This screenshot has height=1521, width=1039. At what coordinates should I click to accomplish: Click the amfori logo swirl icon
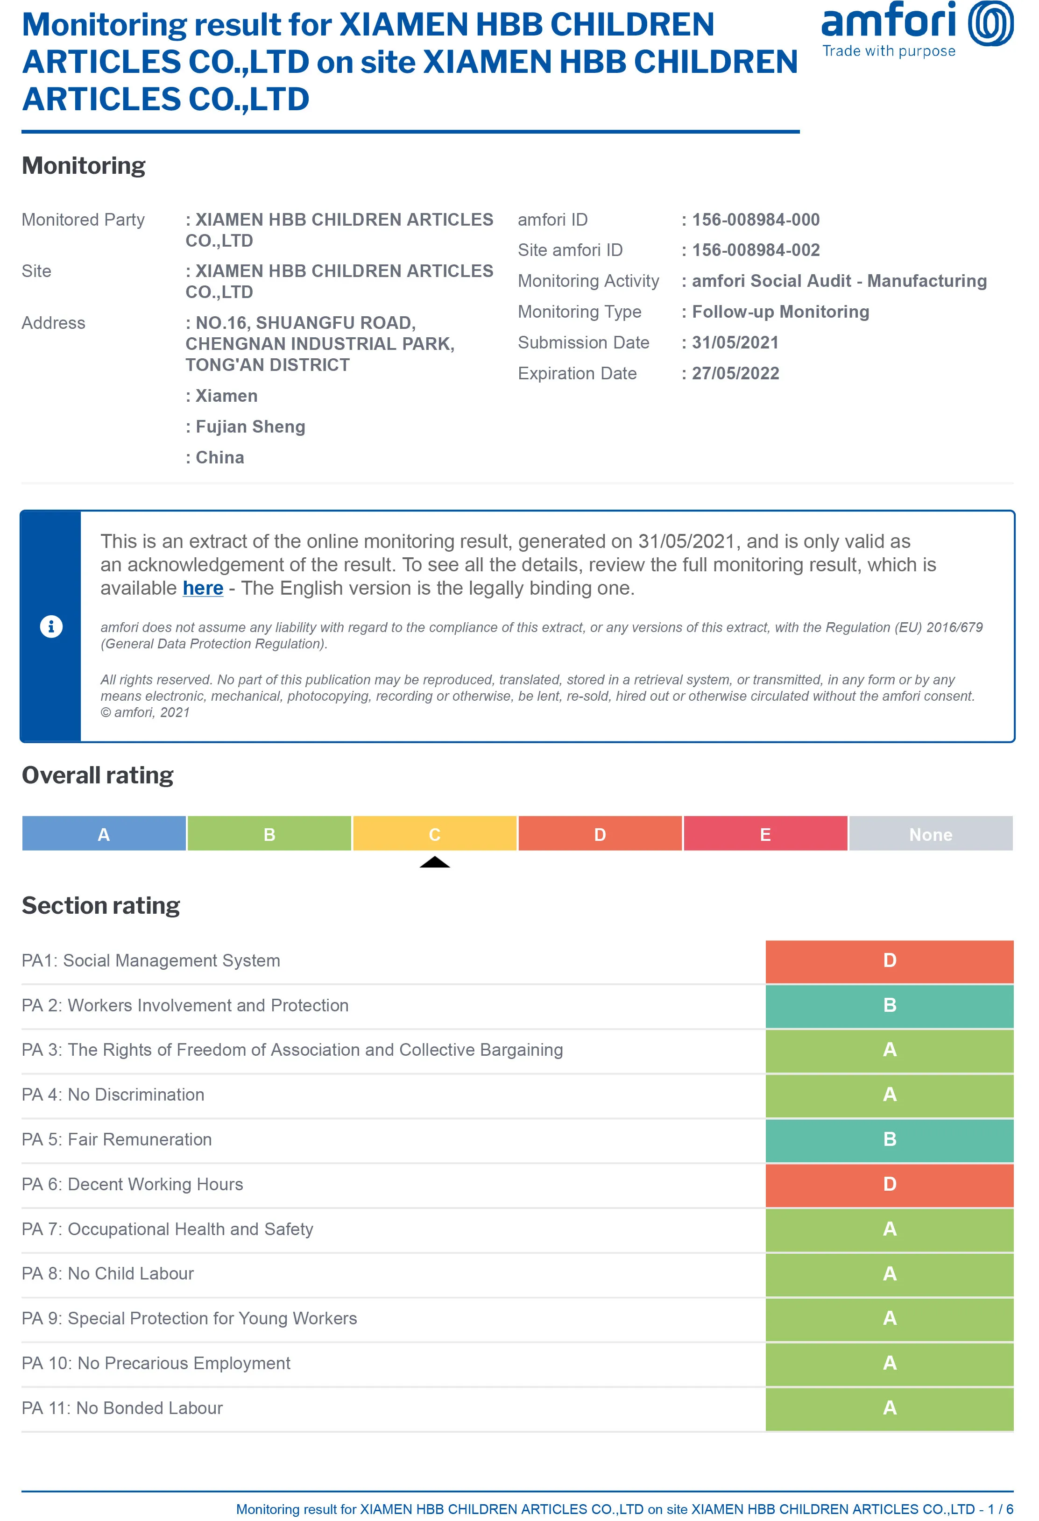point(990,23)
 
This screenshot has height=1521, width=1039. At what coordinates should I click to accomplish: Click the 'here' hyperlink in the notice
point(203,589)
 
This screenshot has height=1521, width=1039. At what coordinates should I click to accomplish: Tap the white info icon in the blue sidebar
point(51,626)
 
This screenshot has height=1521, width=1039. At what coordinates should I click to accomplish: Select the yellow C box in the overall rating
point(434,834)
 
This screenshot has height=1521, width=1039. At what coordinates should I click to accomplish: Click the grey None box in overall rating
point(930,834)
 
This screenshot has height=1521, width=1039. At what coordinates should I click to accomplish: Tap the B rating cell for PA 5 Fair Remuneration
point(889,1139)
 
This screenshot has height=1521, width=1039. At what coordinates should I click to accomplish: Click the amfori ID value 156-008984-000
point(756,220)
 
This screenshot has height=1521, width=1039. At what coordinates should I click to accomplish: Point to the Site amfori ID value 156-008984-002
point(756,250)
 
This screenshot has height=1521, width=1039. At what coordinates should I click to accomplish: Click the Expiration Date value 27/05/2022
point(735,374)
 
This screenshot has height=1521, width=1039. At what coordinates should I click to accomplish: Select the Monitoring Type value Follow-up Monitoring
point(781,312)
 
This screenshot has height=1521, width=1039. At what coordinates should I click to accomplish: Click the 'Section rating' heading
point(101,906)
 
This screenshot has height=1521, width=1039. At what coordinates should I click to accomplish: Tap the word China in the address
point(220,457)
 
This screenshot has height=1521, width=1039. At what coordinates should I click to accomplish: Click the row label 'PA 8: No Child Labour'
point(108,1273)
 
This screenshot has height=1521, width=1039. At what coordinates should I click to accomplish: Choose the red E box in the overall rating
point(765,834)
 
